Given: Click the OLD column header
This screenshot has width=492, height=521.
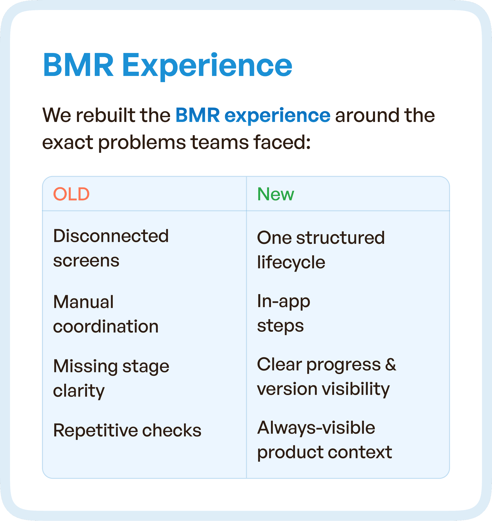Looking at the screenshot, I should click(x=71, y=194).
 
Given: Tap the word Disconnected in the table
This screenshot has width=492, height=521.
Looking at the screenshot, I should click(x=111, y=236).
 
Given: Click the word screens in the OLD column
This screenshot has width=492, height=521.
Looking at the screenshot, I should click(x=86, y=261).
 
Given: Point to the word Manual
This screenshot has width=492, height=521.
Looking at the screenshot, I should click(x=83, y=302).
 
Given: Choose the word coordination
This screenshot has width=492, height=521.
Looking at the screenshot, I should click(x=106, y=327).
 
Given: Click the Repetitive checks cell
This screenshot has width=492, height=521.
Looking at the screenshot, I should click(x=127, y=430).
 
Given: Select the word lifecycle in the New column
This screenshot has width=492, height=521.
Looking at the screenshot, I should click(x=291, y=262).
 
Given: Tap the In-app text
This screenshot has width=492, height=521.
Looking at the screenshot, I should click(x=283, y=301).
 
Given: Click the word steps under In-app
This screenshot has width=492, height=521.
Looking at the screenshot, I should click(x=280, y=326).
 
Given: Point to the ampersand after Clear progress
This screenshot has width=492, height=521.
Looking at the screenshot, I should click(x=390, y=364).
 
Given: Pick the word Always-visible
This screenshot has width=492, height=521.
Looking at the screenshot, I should click(x=316, y=428).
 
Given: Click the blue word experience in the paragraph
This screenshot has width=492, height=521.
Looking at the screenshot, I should click(x=277, y=116).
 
